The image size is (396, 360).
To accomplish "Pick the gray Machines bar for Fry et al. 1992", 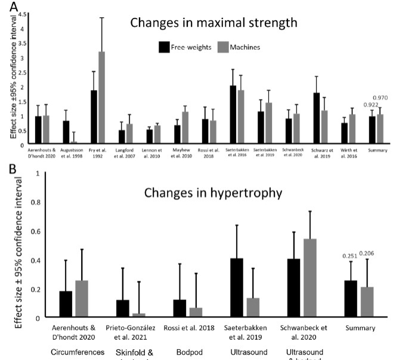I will coord(102,98).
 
